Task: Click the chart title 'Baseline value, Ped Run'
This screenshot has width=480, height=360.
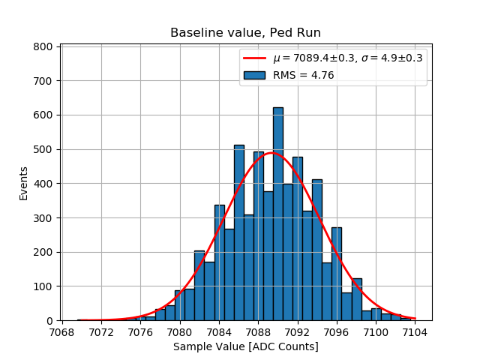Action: [245, 33]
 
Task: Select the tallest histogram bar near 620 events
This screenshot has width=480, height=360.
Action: [278, 214]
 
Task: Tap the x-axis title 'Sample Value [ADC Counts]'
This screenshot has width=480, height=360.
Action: [246, 346]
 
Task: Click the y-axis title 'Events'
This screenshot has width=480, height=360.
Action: [23, 183]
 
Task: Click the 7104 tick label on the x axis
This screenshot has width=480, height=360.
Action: [415, 331]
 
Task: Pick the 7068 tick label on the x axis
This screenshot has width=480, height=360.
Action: [61, 331]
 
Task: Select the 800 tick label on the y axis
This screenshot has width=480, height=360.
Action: [43, 46]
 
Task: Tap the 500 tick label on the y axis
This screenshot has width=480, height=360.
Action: [43, 149]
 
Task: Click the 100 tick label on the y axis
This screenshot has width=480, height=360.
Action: [43, 286]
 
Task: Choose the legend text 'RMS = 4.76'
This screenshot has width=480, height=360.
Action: [303, 75]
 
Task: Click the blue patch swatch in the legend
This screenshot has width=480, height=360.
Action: [254, 75]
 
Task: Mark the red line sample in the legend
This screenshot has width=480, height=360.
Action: [254, 58]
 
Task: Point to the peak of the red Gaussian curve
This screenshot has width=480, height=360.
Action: [271, 153]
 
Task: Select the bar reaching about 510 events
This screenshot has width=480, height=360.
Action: [239, 232]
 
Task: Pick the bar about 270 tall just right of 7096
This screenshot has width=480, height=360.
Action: [337, 274]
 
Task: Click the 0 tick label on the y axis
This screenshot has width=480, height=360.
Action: [49, 321]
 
